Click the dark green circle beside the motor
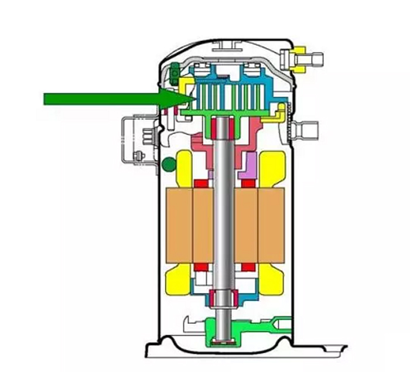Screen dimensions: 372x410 (x=169, y=164)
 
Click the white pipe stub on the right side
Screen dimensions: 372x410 (x=308, y=127)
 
